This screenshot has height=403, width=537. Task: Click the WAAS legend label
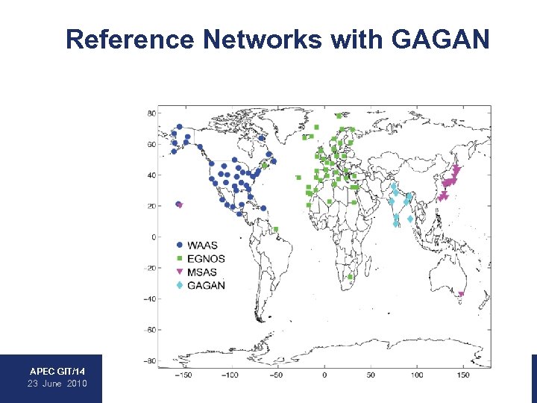pyautogui.click(x=204, y=245)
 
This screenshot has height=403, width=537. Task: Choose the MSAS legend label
pyautogui.click(x=203, y=272)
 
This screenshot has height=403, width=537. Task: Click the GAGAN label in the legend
pyautogui.click(x=207, y=285)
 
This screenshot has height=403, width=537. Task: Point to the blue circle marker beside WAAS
pyautogui.click(x=179, y=245)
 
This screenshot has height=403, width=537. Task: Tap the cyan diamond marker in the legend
pyautogui.click(x=179, y=285)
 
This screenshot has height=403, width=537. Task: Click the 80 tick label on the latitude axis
pyautogui.click(x=151, y=113)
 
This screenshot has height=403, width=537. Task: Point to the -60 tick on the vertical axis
pyautogui.click(x=149, y=329)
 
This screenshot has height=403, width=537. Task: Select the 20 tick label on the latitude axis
pyautogui.click(x=151, y=206)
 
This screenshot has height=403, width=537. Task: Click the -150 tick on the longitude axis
pyautogui.click(x=183, y=375)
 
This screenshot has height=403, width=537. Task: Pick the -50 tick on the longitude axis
pyautogui.click(x=277, y=375)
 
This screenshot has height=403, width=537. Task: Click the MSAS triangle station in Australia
pyautogui.click(x=461, y=294)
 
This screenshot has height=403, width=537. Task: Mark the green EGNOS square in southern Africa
pyautogui.click(x=350, y=277)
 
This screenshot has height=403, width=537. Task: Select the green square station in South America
pyautogui.click(x=275, y=229)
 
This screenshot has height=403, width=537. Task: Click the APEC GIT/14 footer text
pyautogui.click(x=57, y=371)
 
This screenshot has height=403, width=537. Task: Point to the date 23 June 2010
pyautogui.click(x=57, y=383)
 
